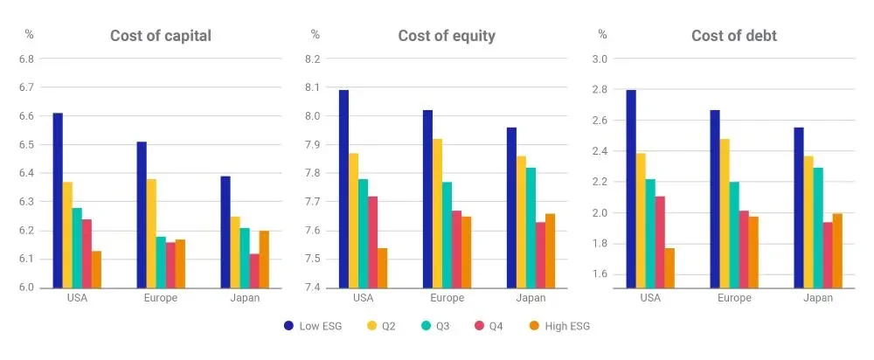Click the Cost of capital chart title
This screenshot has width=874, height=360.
coord(160,36)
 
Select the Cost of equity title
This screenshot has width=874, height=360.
coord(447,36)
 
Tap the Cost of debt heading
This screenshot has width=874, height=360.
coord(734,36)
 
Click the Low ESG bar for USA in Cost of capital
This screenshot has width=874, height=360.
coord(58,200)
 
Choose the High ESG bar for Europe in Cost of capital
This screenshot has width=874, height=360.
coord(180,263)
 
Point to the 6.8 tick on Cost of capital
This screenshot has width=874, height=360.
coord(26,59)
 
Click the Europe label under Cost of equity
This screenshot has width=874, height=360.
coord(447,298)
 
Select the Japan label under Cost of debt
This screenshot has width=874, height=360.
coord(818,298)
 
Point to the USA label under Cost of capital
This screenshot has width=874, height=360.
coord(76,298)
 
